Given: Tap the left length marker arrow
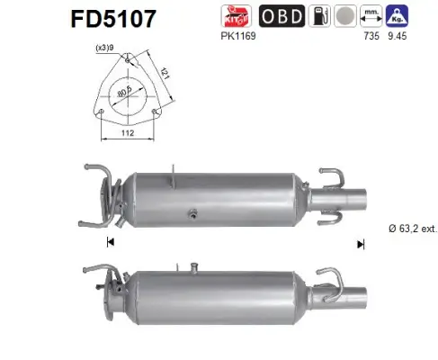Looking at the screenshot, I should click(110, 242).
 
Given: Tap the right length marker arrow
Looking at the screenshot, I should click(361, 242).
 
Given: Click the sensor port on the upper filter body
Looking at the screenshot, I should click(191, 215).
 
